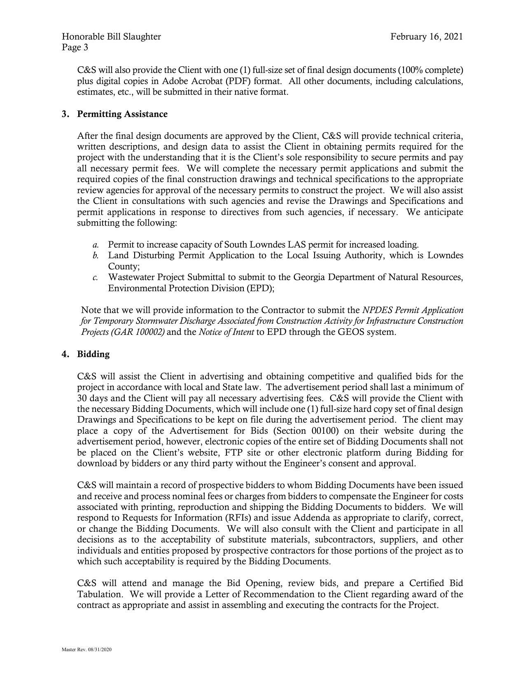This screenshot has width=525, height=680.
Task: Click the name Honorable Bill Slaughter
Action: pyautogui.click(x=111, y=37)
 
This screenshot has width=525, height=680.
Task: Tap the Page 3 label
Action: pyautogui.click(x=75, y=47)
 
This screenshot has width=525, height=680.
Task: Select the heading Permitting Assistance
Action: pyautogui.click(x=122, y=114)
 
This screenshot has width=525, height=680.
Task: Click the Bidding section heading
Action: pyautogui.click(x=93, y=354)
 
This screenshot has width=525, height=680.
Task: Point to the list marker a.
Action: pyautogui.click(x=95, y=245)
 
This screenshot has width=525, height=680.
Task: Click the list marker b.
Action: pyautogui.click(x=95, y=256)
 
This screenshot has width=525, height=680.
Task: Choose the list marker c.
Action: pyautogui.click(x=95, y=278)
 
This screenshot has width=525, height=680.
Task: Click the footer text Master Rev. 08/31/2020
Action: pyautogui.click(x=86, y=650)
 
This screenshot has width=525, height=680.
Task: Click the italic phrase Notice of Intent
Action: pyautogui.click(x=226, y=332)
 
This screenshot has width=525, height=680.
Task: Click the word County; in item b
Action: pyautogui.click(x=124, y=266)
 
